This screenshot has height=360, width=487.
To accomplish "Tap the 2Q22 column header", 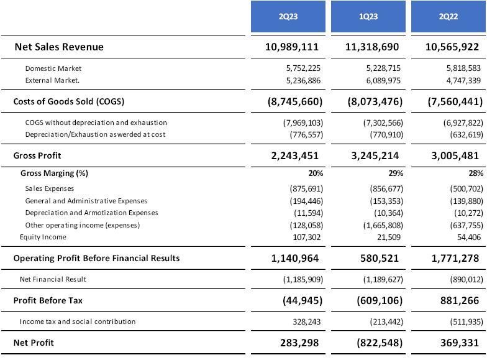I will [x=447, y=17].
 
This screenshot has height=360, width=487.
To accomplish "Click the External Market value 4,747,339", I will [x=458, y=80].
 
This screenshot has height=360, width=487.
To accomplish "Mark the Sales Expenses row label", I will [x=50, y=188].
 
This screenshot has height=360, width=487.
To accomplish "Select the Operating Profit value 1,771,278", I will [x=453, y=258].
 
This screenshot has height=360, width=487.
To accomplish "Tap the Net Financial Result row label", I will [x=56, y=279].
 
